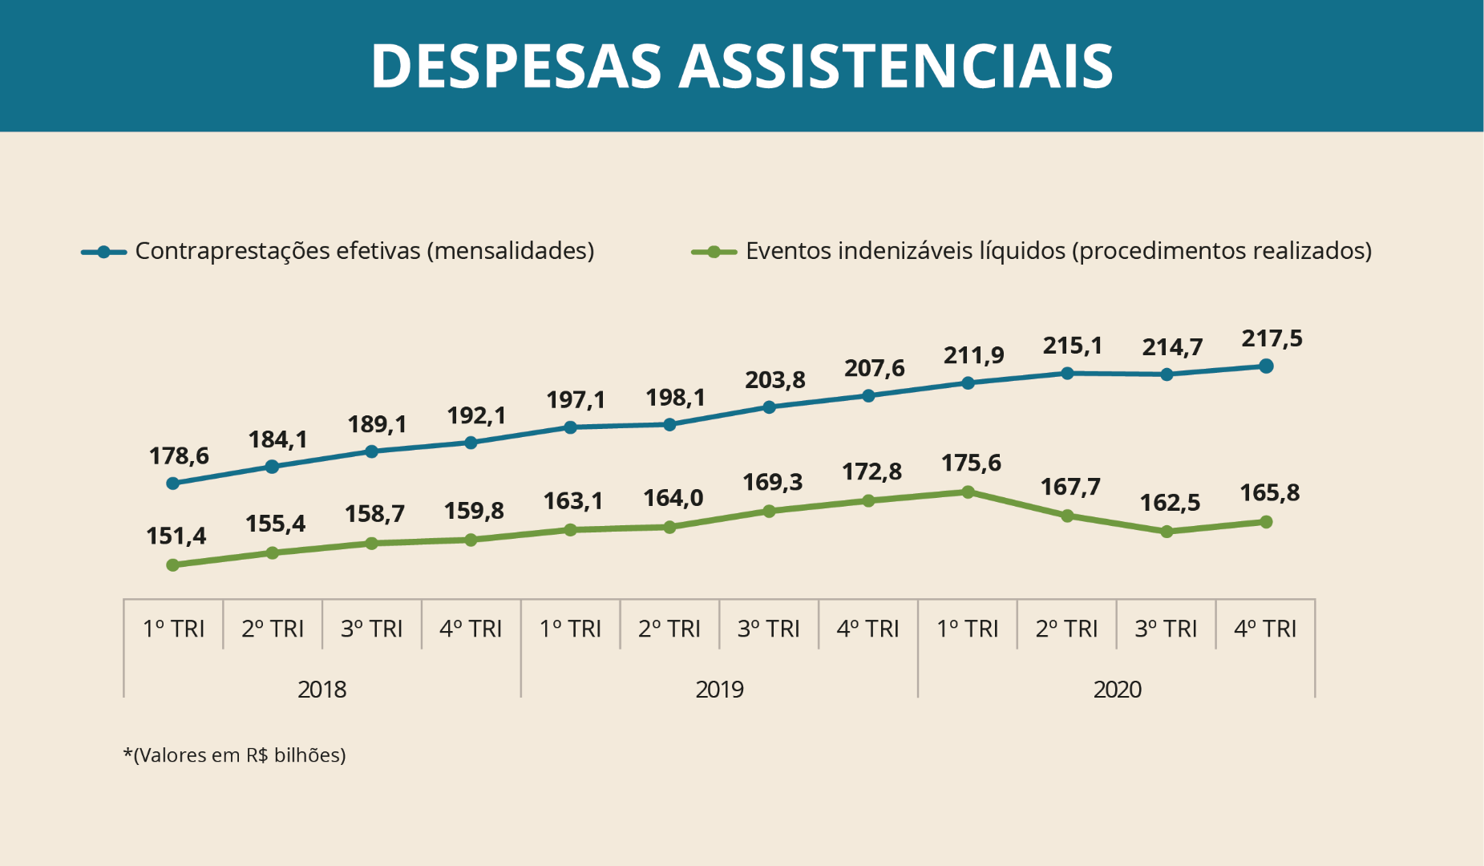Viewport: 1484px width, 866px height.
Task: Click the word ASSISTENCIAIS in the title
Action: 896,66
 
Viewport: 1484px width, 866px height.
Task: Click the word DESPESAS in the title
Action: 516,66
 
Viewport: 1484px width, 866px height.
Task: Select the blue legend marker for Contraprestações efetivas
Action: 103,252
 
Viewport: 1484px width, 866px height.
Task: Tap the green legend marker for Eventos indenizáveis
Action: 714,252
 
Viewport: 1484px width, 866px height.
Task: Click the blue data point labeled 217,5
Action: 1266,366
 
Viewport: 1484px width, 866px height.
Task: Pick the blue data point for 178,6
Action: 172,484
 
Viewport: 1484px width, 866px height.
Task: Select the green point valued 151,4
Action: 172,565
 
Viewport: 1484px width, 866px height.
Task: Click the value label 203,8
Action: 774,380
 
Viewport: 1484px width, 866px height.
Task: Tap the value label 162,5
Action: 1170,503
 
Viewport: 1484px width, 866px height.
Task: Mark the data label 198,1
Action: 675,398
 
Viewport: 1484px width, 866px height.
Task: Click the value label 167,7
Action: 1070,487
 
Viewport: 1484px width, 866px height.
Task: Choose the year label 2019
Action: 719,690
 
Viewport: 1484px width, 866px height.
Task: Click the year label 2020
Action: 1117,690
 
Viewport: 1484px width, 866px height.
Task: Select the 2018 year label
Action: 321,690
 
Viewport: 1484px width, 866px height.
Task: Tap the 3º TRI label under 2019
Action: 768,629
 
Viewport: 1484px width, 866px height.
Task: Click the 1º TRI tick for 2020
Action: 967,629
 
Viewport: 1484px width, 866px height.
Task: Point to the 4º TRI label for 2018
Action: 471,629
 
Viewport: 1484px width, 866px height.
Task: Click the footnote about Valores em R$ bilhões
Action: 234,755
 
